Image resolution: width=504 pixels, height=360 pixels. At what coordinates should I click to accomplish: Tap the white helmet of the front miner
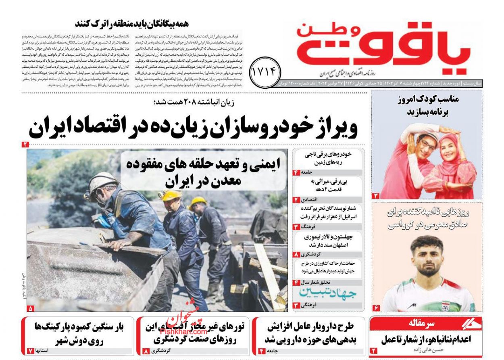(101, 182)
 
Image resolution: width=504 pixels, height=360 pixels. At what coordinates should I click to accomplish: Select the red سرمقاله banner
(426, 324)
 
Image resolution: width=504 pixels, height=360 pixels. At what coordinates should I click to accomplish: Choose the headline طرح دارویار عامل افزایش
(310, 333)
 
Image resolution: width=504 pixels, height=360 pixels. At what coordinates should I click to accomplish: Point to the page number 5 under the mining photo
(31, 308)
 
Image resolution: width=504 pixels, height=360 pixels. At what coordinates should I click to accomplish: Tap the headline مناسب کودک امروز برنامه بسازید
(427, 105)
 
